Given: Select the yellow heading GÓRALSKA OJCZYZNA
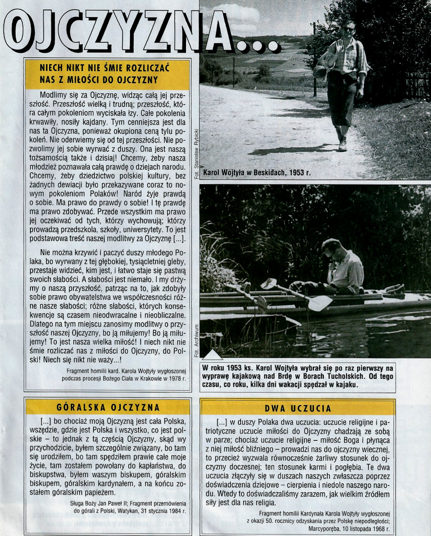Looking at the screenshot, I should pos(108,407).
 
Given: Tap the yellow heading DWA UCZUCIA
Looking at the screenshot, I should pos(298,408).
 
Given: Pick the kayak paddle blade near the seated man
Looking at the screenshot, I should pos(320,303).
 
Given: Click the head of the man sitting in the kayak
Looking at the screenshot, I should pos(331,248).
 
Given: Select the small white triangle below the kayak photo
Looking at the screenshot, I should pos(212,355).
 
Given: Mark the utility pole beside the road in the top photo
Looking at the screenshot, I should pos(315,58).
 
